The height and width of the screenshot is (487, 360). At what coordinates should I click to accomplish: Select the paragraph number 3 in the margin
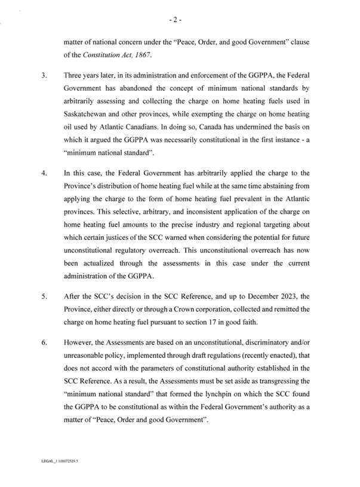pyautogui.click(x=44, y=78)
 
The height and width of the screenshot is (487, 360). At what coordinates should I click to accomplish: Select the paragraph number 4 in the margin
pyautogui.click(x=44, y=172)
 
